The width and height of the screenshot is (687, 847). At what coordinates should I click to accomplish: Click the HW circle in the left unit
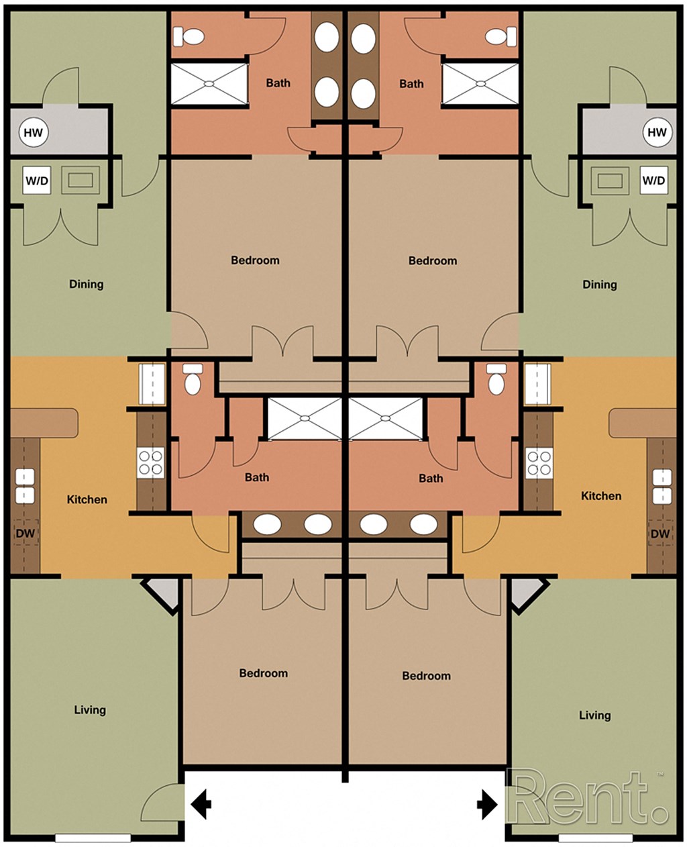(x=33, y=132)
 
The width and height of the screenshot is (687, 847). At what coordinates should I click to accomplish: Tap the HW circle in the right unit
(x=657, y=132)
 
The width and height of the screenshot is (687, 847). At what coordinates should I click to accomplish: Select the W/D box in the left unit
(x=37, y=181)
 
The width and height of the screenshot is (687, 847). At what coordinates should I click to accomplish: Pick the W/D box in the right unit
(x=653, y=181)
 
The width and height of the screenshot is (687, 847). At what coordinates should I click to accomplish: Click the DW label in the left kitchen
(x=25, y=534)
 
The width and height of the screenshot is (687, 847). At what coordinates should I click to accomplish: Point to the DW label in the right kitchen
(x=660, y=534)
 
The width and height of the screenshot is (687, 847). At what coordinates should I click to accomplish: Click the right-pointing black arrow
(x=488, y=804)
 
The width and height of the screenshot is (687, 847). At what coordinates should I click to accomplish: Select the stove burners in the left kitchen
(x=150, y=462)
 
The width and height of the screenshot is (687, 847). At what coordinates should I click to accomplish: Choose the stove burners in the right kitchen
(x=539, y=462)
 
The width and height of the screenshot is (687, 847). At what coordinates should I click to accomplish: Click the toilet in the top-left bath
(x=193, y=36)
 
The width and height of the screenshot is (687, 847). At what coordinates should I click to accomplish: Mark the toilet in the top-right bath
(x=498, y=36)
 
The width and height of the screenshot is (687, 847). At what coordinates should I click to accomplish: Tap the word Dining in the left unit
(x=87, y=284)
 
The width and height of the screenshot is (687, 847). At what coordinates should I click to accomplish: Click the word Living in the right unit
(x=595, y=715)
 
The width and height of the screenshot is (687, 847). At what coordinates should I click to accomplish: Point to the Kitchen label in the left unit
(x=87, y=499)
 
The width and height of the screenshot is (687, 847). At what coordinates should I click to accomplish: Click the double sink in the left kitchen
(x=25, y=486)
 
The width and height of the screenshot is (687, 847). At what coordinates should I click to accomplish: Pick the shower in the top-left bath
(x=209, y=84)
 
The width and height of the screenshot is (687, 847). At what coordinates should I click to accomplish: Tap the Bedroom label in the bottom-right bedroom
(x=426, y=676)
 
